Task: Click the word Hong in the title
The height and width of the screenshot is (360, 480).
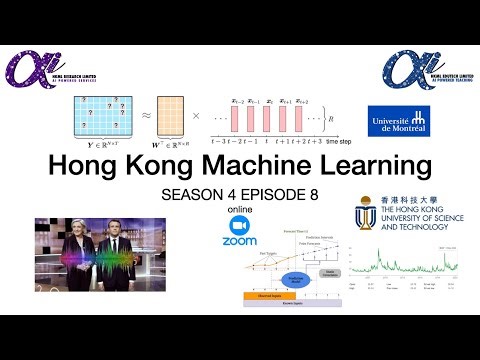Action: (x=89, y=165)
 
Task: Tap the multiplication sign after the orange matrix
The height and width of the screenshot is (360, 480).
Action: (x=196, y=115)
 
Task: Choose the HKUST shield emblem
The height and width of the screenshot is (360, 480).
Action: (x=365, y=218)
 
